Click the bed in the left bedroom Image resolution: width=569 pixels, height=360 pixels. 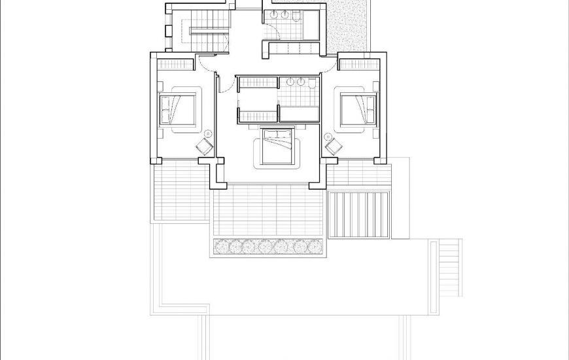[x=178, y=109]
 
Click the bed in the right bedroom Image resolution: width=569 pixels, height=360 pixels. [x=358, y=109]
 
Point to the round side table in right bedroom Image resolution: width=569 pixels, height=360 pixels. [x=328, y=136]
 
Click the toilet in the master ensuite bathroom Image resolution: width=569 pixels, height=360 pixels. [x=313, y=83]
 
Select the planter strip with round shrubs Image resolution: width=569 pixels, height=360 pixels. [x=268, y=247]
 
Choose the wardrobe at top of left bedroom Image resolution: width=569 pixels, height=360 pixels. [x=174, y=64]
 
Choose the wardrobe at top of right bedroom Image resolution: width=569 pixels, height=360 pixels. [x=358, y=64]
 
